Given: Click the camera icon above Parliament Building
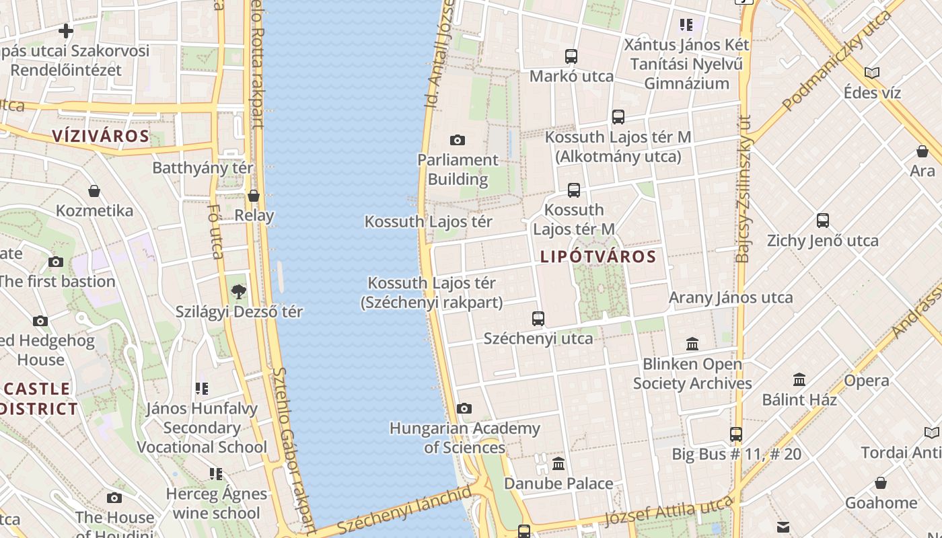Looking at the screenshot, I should pyautogui.click(x=458, y=140).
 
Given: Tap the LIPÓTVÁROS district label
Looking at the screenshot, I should pyautogui.click(x=598, y=256).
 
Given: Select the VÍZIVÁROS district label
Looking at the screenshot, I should pyautogui.click(x=101, y=136).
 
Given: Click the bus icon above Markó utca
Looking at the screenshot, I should pyautogui.click(x=571, y=56).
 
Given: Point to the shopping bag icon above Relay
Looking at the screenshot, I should pyautogui.click(x=254, y=196).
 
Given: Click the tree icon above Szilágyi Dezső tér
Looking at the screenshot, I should pyautogui.click(x=238, y=291).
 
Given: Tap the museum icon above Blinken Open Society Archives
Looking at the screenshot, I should pyautogui.click(x=692, y=344).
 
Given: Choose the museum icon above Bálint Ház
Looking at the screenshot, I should pyautogui.click(x=799, y=379).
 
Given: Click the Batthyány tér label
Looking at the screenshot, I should pyautogui.click(x=203, y=167).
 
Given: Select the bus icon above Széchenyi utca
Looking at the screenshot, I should pyautogui.click(x=538, y=318).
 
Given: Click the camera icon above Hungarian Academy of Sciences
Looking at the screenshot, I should pyautogui.click(x=464, y=408).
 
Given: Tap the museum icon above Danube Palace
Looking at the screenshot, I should pyautogui.click(x=558, y=463).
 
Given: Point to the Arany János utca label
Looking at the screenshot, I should pyautogui.click(x=731, y=297).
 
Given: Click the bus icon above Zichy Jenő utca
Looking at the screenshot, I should pyautogui.click(x=823, y=220).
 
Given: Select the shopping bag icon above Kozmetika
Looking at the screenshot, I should pyautogui.click(x=94, y=191).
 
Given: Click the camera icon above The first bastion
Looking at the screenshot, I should pyautogui.click(x=56, y=262).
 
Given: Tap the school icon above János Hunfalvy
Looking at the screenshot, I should pyautogui.click(x=201, y=388).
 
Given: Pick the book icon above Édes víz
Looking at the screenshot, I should pyautogui.click(x=872, y=73).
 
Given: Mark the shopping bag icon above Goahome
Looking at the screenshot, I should pyautogui.click(x=881, y=483).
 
